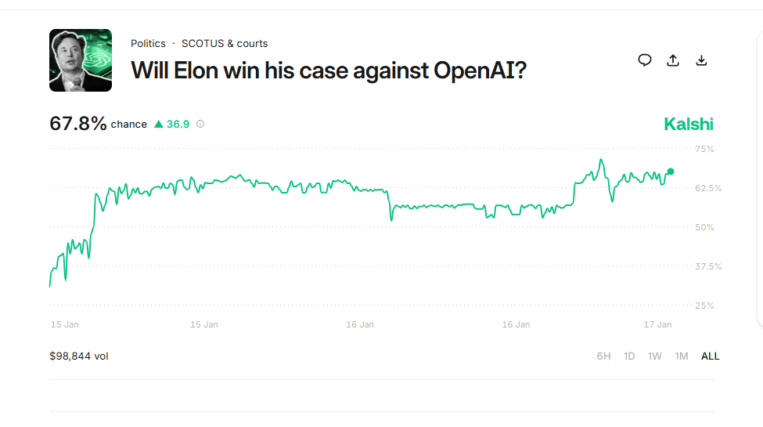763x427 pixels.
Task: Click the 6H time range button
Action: [x=603, y=356]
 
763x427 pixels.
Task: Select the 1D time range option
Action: [x=629, y=356]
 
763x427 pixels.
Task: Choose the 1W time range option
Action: [x=655, y=356]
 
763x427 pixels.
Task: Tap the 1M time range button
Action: [x=682, y=356]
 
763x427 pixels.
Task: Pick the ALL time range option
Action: [x=711, y=356]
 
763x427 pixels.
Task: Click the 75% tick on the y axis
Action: [x=704, y=149]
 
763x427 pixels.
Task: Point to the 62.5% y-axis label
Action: [x=708, y=188]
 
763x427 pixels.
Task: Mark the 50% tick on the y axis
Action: [x=704, y=227]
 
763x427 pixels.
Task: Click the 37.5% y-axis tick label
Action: [x=708, y=266]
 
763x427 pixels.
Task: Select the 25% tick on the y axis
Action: [x=704, y=306]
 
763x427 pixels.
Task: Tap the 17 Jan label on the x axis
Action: [x=657, y=324]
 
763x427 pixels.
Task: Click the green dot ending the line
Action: [x=671, y=172]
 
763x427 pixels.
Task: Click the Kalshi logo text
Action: [x=689, y=124]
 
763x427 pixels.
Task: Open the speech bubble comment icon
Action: [x=645, y=60]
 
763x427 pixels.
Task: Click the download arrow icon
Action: [x=701, y=60]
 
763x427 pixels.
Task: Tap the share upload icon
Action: [x=673, y=60]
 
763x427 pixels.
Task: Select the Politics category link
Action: [x=148, y=44]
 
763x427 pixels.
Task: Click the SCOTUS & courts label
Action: [x=225, y=44]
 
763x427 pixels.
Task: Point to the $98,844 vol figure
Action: [x=79, y=356]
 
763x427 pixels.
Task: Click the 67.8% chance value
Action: [x=78, y=124]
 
